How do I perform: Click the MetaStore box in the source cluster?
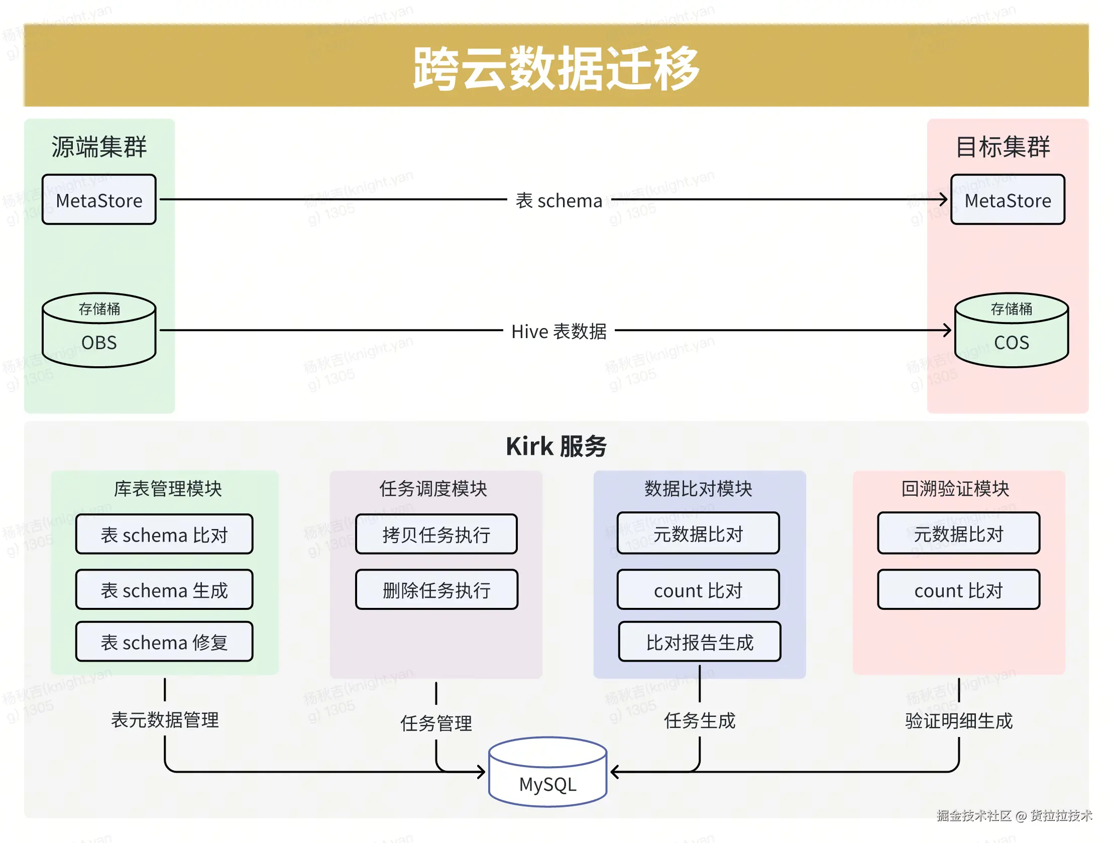[99, 199]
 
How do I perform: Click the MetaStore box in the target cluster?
[1008, 199]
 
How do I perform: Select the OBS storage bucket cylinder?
[99, 330]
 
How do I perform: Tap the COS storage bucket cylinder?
[1012, 330]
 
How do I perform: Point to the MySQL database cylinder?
[548, 772]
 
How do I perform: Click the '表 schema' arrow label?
[559, 200]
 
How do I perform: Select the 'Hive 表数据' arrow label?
[559, 331]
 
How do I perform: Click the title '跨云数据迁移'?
[556, 68]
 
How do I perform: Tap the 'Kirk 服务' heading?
[556, 446]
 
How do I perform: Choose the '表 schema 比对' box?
[164, 534]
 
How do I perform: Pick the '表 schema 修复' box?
[164, 642]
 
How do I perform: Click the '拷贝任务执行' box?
[436, 534]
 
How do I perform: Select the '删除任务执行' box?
[436, 589]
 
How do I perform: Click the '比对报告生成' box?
[700, 642]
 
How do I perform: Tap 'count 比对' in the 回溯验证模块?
[958, 589]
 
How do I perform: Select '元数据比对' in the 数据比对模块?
[699, 533]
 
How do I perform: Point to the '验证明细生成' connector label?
[958, 721]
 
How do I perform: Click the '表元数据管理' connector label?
[165, 720]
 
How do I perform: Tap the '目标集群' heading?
[1003, 147]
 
